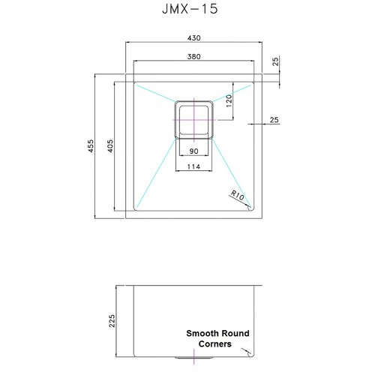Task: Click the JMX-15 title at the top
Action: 190,9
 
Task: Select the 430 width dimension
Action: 194,38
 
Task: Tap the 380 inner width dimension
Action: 194,57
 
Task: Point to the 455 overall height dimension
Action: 91,146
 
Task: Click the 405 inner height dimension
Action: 110,146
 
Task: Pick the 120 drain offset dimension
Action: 229,101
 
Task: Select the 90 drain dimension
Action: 194,151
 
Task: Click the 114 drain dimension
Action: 193,166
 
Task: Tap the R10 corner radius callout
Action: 237,195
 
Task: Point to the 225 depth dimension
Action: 112,321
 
